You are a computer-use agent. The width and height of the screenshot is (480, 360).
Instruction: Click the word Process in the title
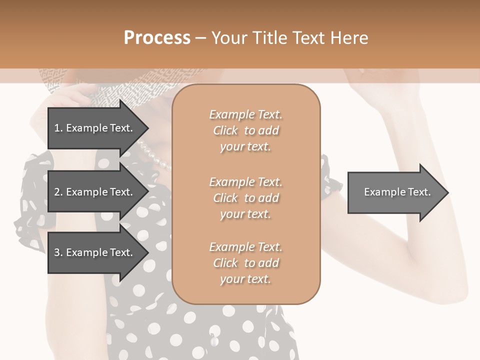coord(157,38)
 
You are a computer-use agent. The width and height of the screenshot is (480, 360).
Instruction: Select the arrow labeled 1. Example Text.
coord(95,128)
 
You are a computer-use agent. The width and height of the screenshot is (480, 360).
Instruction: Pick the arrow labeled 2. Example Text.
coord(95,192)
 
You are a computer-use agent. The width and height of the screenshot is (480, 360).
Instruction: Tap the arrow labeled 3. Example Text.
coord(95,252)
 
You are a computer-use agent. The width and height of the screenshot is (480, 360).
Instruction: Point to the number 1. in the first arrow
coord(58,128)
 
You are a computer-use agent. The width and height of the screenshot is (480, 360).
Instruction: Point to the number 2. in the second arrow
coord(58,192)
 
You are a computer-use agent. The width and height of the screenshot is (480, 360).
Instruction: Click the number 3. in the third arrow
coord(58,252)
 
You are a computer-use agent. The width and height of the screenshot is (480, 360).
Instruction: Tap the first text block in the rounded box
coord(245,130)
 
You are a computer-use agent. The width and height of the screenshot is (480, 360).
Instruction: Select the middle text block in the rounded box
coord(245,198)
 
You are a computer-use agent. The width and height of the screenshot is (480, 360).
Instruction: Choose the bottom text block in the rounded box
coord(245,263)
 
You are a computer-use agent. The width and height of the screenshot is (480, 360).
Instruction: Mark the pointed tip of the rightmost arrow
coord(447,192)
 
